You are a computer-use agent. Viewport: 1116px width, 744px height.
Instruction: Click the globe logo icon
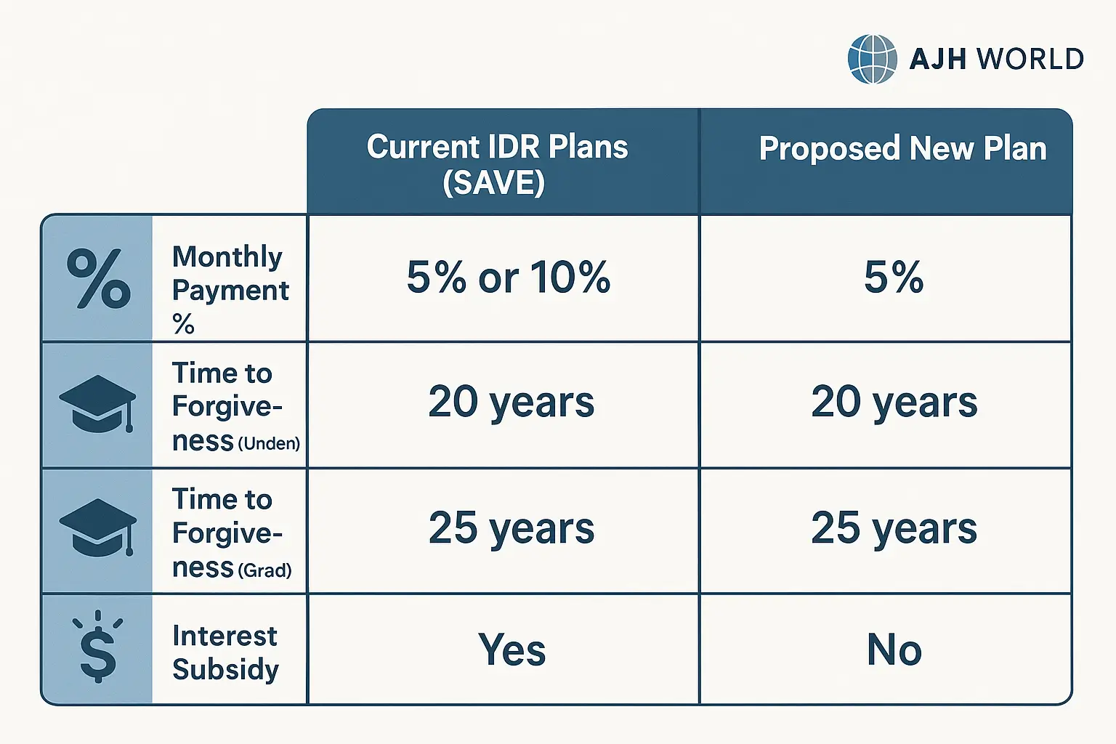(873, 59)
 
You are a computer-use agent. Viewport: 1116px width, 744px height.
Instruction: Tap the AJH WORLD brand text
(996, 59)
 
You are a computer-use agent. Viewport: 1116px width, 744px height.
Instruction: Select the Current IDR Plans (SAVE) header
(497, 164)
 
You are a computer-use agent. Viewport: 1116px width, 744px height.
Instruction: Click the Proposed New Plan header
(903, 148)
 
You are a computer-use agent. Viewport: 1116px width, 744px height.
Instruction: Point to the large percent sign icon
(99, 278)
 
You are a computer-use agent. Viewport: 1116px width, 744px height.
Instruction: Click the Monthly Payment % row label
(230, 289)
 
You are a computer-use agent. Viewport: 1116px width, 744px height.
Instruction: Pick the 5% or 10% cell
(508, 277)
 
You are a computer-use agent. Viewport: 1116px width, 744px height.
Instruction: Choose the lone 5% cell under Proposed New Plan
(894, 277)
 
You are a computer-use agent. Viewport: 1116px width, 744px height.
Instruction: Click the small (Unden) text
(269, 443)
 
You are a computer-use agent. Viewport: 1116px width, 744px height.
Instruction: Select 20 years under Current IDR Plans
(511, 403)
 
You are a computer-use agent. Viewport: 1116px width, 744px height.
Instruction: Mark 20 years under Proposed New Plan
(894, 403)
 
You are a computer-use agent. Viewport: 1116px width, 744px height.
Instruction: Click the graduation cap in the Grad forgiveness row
(97, 527)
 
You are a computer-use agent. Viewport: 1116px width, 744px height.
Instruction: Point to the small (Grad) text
(265, 570)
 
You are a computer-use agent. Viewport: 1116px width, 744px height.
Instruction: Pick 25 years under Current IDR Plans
(511, 528)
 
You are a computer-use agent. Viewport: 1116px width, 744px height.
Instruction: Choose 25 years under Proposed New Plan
(894, 528)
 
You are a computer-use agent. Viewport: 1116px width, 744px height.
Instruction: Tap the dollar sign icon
(97, 647)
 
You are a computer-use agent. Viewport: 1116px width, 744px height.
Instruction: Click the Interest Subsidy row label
(225, 652)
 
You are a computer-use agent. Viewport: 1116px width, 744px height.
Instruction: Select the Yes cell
(511, 650)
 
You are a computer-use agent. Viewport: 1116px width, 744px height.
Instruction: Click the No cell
(894, 650)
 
